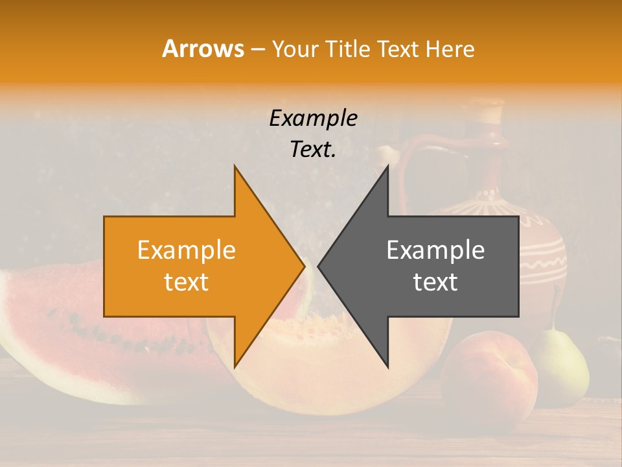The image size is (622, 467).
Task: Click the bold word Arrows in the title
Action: pos(203,49)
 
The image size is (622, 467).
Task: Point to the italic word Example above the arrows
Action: pos(314,118)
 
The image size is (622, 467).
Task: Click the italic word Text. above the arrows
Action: pos(314,150)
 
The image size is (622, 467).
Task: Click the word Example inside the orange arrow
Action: pos(187,250)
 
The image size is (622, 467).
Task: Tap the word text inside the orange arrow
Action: pos(187,282)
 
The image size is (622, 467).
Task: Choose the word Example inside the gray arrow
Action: pos(435,250)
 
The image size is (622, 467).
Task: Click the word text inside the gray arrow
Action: pos(435,282)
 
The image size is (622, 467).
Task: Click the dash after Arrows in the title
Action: pos(257,49)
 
